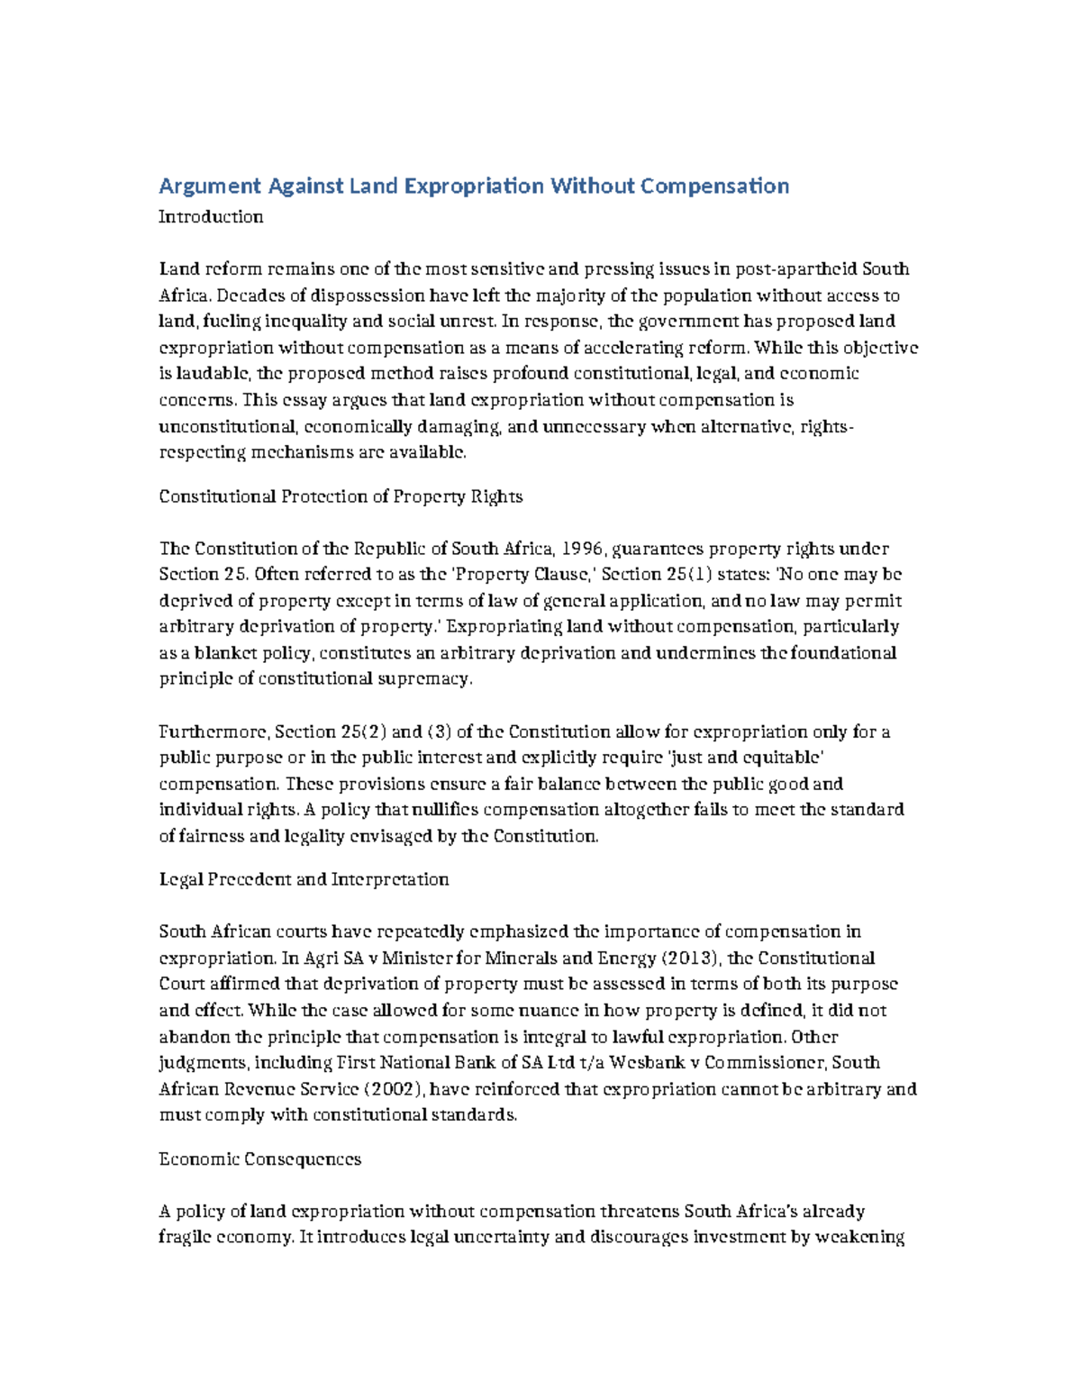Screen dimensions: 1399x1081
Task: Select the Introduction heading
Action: tap(211, 217)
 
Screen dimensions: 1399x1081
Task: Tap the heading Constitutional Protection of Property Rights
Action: tap(341, 496)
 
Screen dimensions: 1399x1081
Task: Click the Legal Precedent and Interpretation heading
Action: tap(304, 879)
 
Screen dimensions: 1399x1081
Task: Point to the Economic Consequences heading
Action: tap(259, 1159)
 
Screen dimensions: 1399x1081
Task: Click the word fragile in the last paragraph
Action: tap(184, 1238)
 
